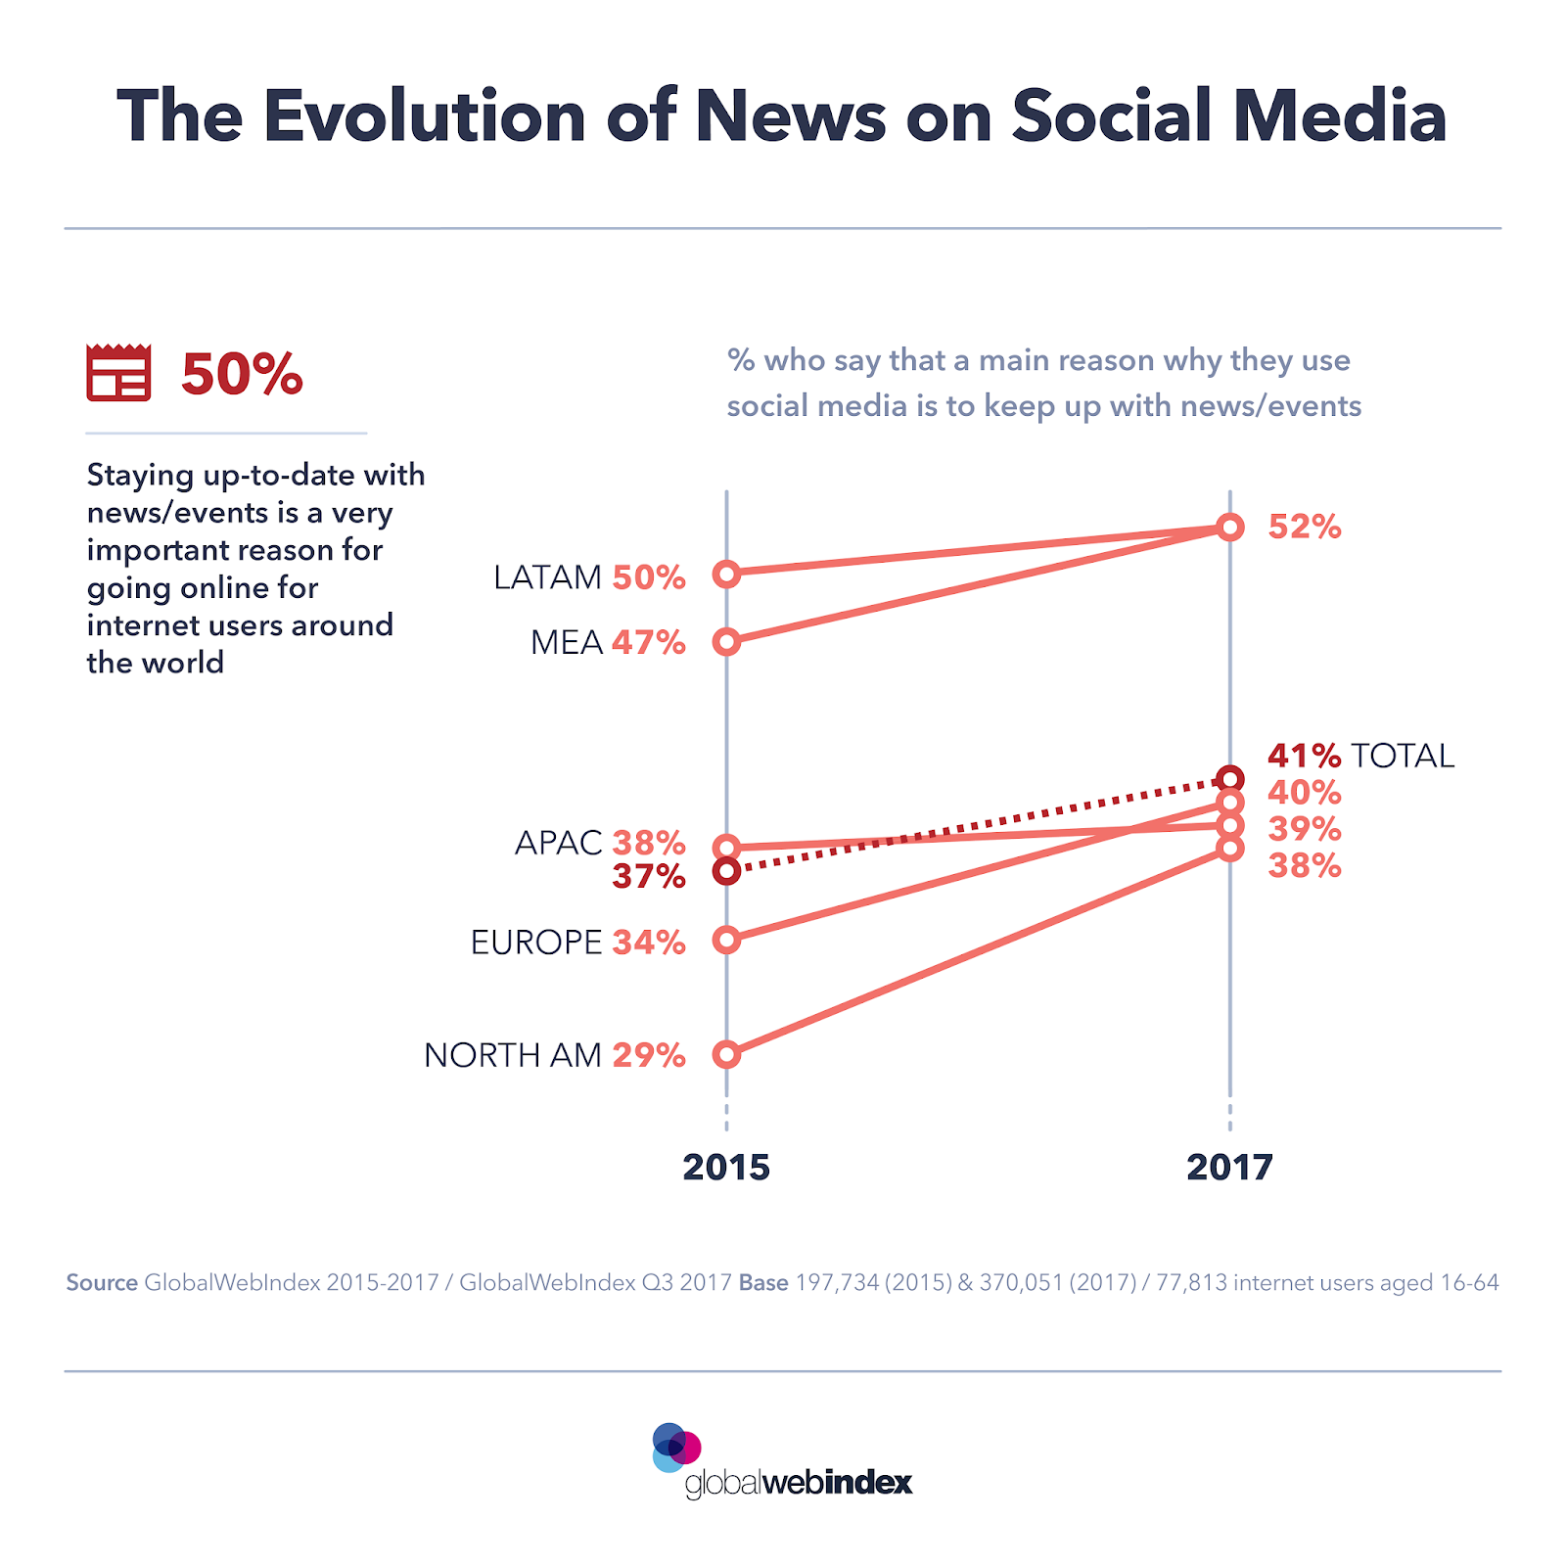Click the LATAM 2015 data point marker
click(x=726, y=574)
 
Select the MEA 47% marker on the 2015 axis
click(x=726, y=642)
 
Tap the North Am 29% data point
click(x=726, y=1054)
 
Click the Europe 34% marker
click(x=726, y=940)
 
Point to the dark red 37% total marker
click(x=726, y=870)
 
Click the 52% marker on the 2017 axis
click(x=1230, y=527)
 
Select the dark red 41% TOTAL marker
click(x=1230, y=779)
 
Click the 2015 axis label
click(x=726, y=1167)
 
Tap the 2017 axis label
click(x=1229, y=1167)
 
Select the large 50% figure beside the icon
click(x=242, y=374)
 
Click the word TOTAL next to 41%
click(x=1403, y=756)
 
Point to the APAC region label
click(x=558, y=843)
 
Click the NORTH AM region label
click(x=513, y=1055)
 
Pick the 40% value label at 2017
click(x=1304, y=793)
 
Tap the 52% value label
click(x=1304, y=527)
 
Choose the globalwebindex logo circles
click(x=675, y=1448)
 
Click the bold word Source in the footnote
click(x=102, y=1282)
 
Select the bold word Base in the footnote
click(x=763, y=1282)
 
